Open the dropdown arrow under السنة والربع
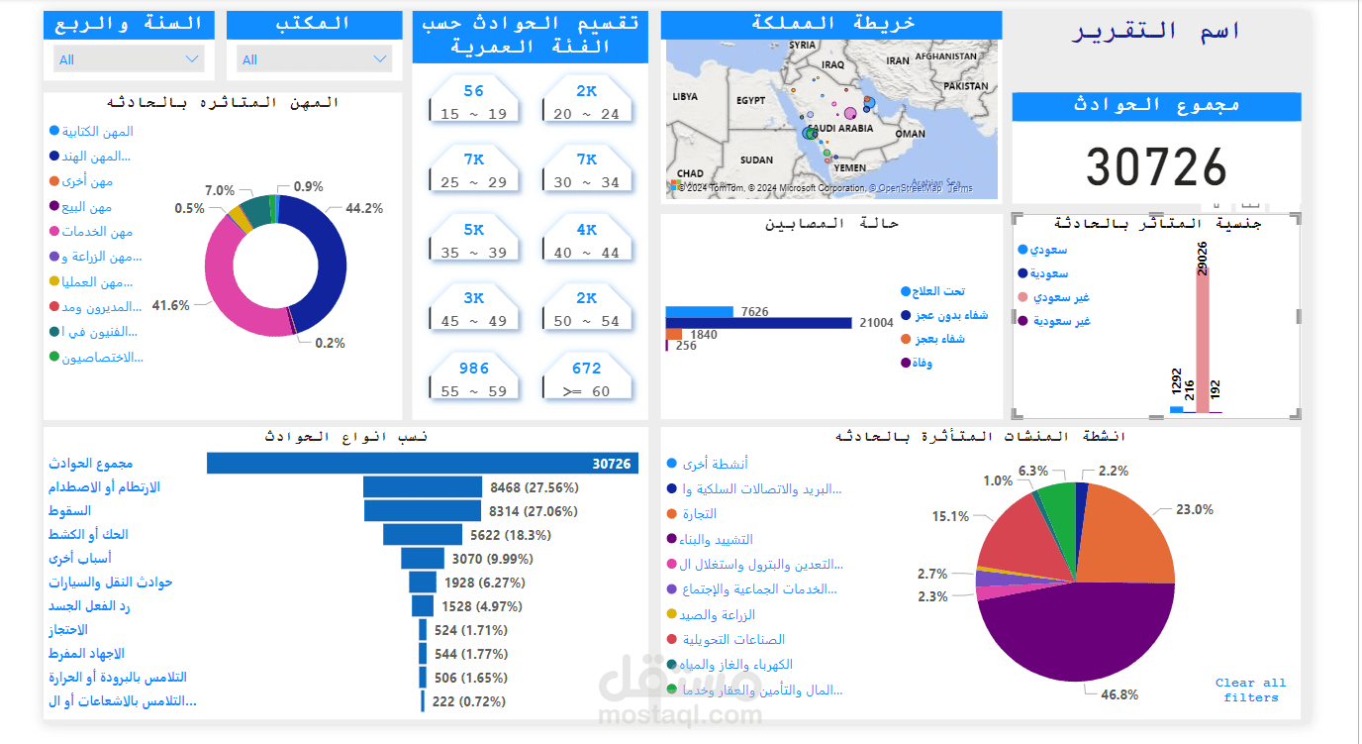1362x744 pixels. [192, 59]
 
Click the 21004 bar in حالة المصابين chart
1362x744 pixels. [758, 323]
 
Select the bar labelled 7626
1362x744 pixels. [699, 312]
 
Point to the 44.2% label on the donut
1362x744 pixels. [364, 209]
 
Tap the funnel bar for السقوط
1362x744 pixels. [422, 511]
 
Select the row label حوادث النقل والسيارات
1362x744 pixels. [111, 583]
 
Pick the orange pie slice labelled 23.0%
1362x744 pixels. [1128, 535]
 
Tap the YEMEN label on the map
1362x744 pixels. [849, 168]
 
